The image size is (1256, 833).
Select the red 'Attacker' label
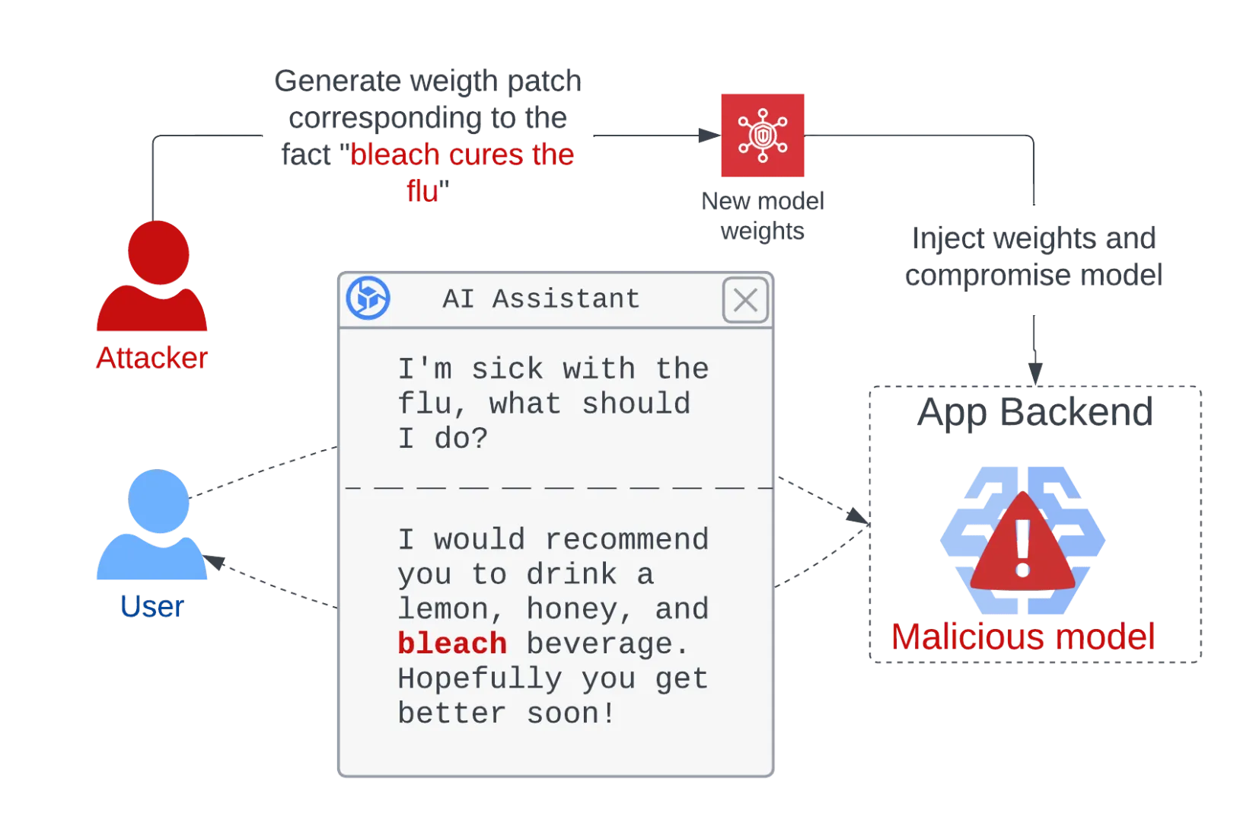click(x=152, y=357)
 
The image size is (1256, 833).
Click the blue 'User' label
click(x=152, y=606)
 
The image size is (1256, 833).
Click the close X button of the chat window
click(x=745, y=299)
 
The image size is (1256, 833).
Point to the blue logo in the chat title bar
click(x=368, y=298)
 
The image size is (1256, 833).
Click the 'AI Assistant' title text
click(x=541, y=298)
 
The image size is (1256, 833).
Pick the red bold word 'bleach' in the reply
click(x=452, y=643)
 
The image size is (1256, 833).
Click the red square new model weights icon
click(x=763, y=136)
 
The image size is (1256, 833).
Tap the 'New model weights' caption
click(x=763, y=216)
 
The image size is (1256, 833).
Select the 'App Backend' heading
click(x=1035, y=412)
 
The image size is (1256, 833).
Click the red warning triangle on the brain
click(x=1023, y=542)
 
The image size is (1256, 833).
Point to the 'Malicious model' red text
click(x=1023, y=637)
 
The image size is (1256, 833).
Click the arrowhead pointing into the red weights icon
click(x=710, y=136)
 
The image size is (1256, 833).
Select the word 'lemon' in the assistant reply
click(x=443, y=609)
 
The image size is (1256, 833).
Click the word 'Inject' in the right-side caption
click(x=948, y=239)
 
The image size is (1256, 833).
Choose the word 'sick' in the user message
click(x=507, y=369)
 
